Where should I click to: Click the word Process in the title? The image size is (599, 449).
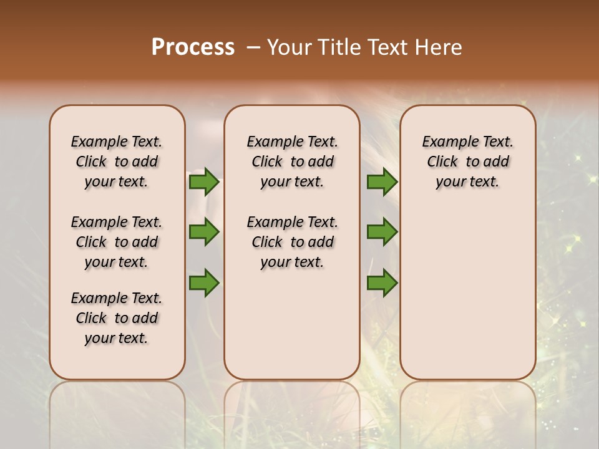[x=193, y=47]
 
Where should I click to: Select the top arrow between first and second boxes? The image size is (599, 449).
[x=204, y=181]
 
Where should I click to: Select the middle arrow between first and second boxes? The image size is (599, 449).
[x=204, y=232]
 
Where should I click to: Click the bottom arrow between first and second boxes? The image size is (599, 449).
[x=204, y=283]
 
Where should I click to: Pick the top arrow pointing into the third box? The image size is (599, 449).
[x=382, y=181]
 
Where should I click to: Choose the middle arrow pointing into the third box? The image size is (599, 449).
[x=382, y=232]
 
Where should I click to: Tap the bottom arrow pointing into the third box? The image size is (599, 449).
[x=382, y=283]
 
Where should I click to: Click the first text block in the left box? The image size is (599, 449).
[x=117, y=162]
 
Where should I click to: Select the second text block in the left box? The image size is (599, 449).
[x=117, y=242]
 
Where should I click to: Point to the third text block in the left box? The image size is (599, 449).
[x=117, y=318]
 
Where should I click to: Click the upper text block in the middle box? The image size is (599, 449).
[x=292, y=162]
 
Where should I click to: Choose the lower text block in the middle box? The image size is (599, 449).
[x=292, y=242]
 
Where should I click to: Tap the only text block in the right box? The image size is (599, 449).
[x=467, y=162]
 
